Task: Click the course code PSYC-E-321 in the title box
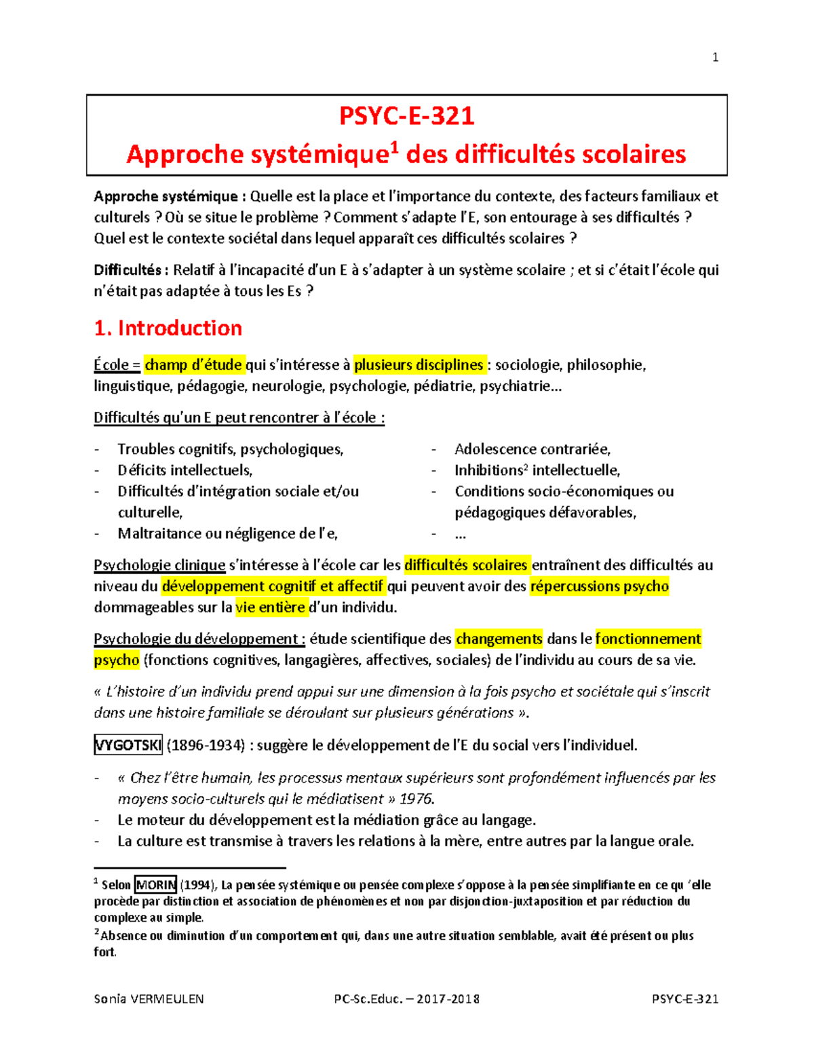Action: click(406, 116)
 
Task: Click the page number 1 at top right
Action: click(715, 58)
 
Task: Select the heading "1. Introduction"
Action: click(168, 328)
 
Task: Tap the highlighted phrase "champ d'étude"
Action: click(193, 365)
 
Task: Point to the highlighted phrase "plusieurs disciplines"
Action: click(419, 365)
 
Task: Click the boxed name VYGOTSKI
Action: click(128, 745)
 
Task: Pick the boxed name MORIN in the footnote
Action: click(156, 885)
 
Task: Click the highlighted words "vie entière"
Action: click(270, 607)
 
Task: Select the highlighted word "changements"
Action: click(499, 639)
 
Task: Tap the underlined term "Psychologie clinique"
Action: click(159, 565)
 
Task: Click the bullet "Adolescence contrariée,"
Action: click(532, 449)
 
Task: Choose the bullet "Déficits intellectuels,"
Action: click(185, 470)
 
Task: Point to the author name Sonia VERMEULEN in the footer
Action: click(149, 999)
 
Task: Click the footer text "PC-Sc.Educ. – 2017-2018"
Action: click(406, 999)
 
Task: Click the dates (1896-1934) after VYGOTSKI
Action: click(206, 745)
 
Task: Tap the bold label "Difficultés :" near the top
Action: click(131, 270)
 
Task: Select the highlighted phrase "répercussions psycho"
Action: click(600, 586)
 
